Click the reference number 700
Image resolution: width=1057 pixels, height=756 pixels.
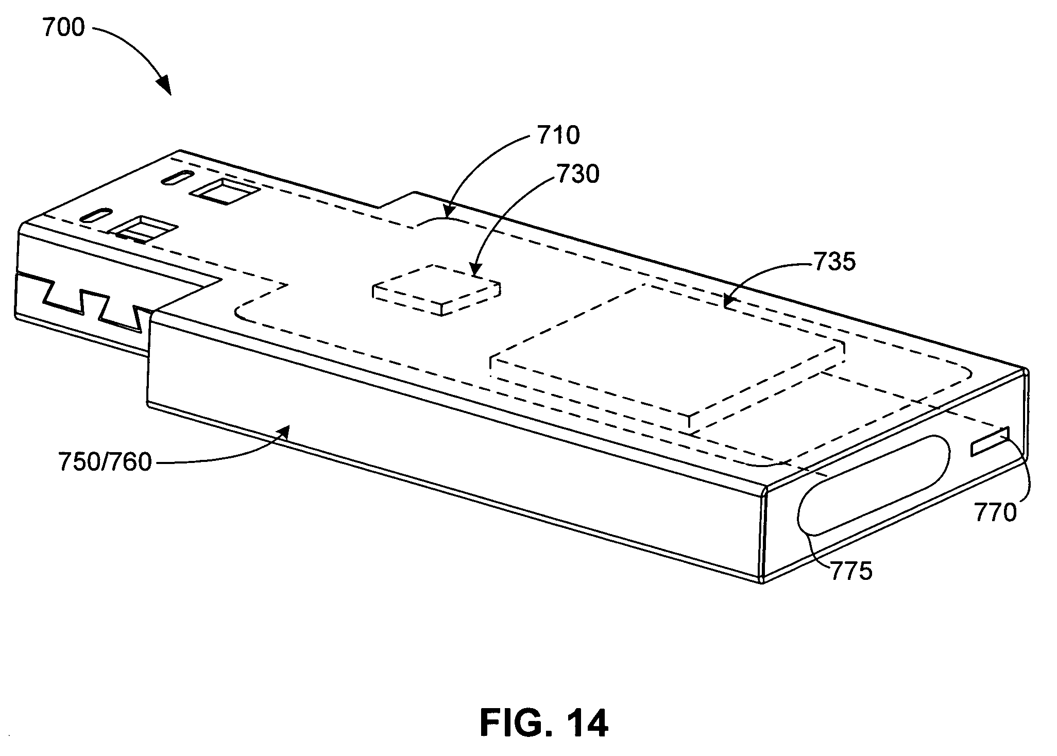[x=63, y=28]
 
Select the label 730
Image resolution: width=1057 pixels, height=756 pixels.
[x=577, y=175]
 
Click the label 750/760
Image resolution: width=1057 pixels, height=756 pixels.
[x=105, y=462]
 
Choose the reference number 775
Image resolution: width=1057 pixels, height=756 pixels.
[x=851, y=571]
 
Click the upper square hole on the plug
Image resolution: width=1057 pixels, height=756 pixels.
[x=224, y=191]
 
